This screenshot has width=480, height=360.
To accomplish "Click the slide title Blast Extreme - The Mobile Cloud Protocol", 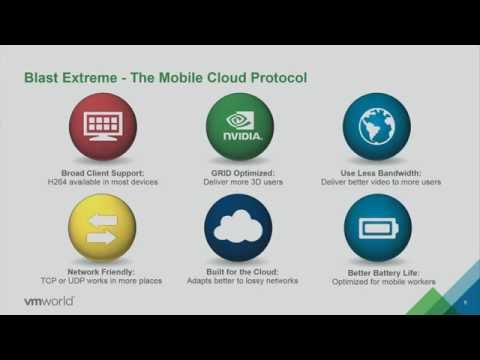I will (x=165, y=78).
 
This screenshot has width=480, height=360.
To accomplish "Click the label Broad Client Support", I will (x=102, y=172).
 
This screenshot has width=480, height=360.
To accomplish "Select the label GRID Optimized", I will (x=239, y=172).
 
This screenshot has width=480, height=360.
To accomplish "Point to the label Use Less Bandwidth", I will (x=377, y=172).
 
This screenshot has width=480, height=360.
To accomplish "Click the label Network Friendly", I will (x=102, y=271).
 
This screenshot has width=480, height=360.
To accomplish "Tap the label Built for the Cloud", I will (x=239, y=271).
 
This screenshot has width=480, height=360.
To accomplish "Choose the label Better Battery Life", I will (x=377, y=271).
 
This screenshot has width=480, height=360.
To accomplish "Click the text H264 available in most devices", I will (x=102, y=182).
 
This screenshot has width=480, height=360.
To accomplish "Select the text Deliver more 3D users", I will (x=239, y=182).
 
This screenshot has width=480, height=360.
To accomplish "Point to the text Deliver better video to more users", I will (x=377, y=182).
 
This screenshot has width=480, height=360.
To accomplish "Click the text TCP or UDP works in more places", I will (x=102, y=281).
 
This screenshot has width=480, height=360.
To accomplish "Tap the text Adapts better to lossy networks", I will (x=239, y=281).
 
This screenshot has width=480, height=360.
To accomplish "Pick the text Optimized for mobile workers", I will (x=377, y=281).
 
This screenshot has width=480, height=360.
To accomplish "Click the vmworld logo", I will (x=50, y=300).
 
